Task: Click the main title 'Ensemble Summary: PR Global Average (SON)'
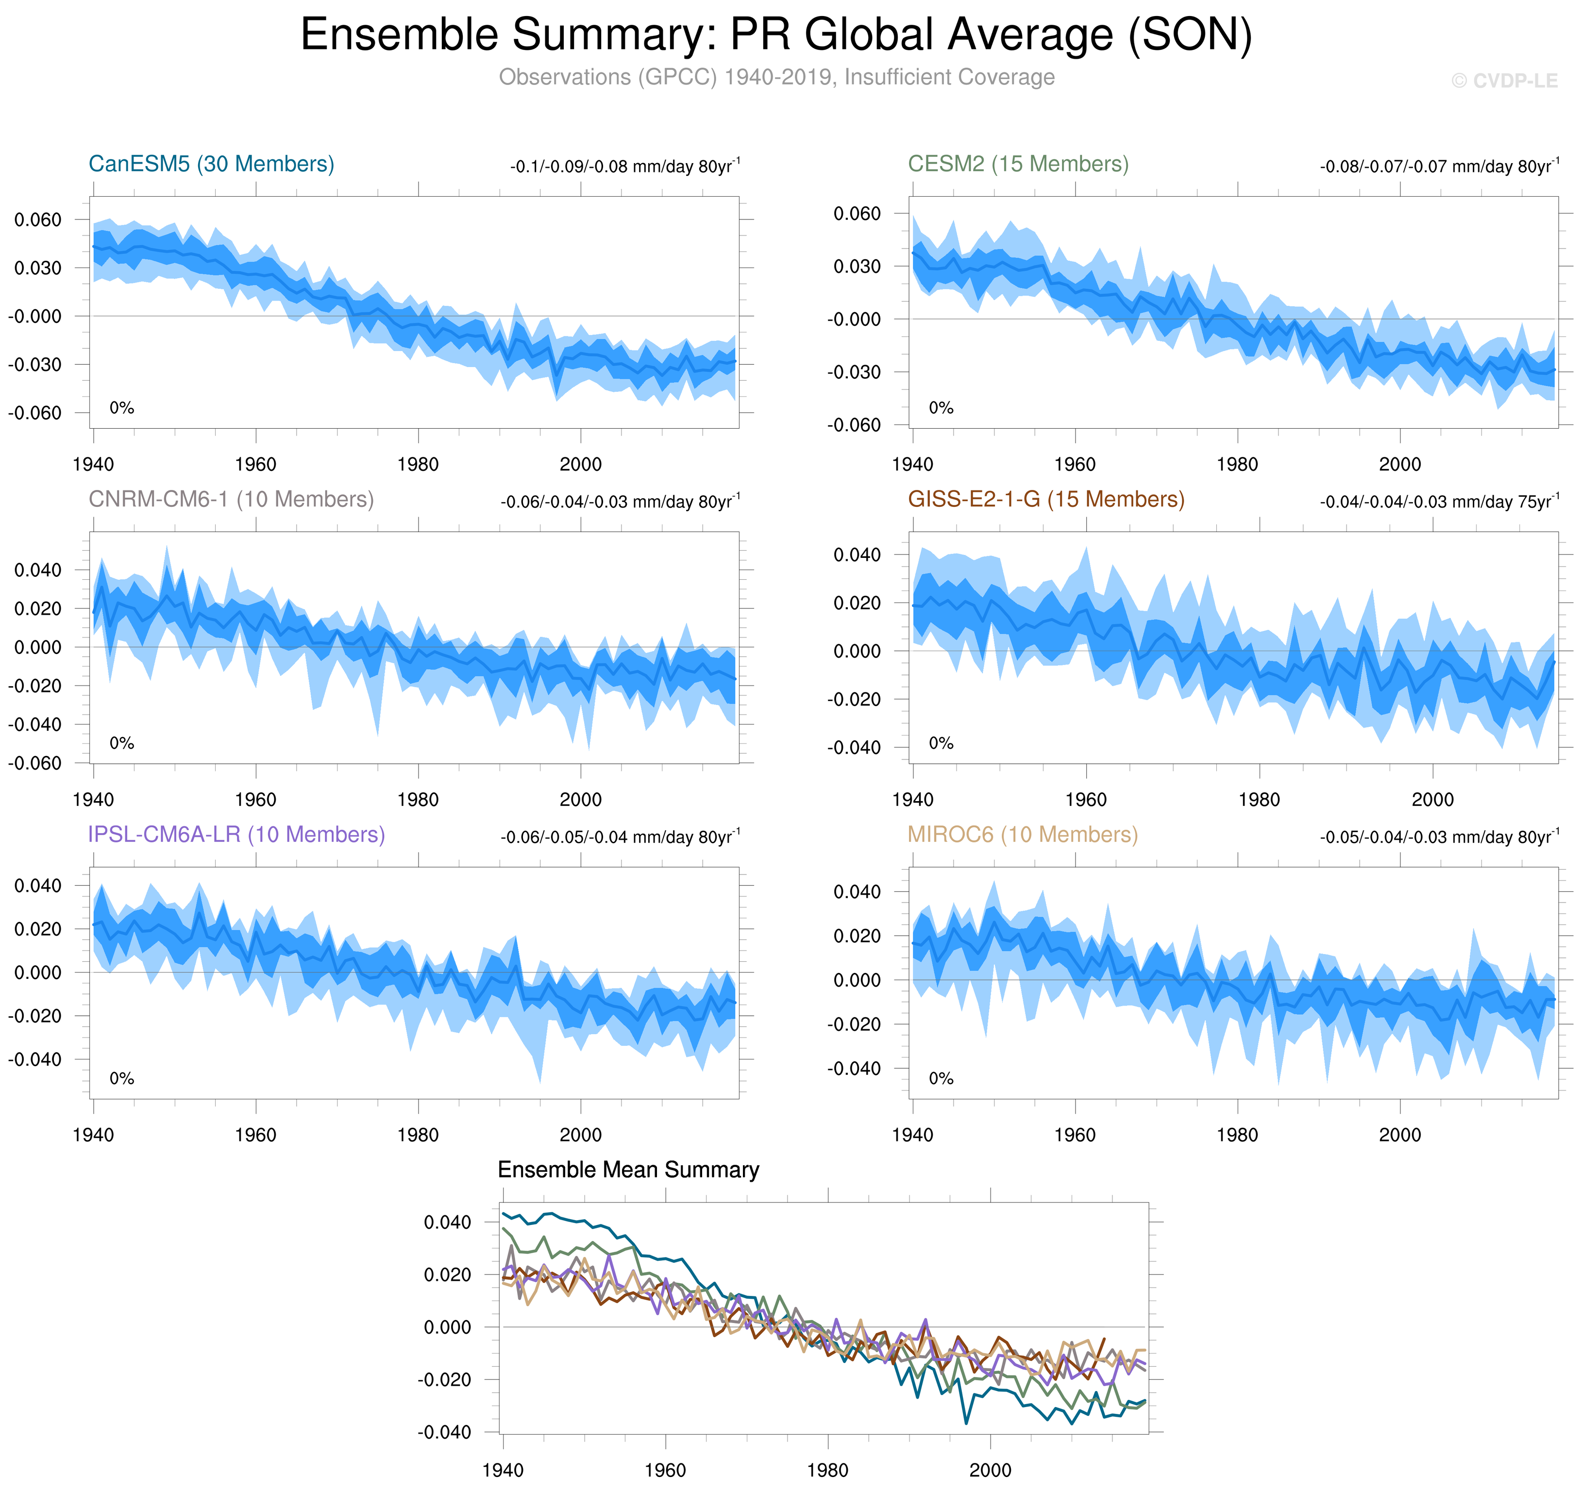tap(776, 35)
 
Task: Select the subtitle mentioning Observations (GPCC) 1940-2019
tap(776, 77)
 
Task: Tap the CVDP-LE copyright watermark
tap(1503, 81)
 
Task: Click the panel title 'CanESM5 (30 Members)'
tap(211, 164)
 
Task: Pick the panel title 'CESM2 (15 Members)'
tap(1018, 164)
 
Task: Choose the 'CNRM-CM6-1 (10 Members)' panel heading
tap(231, 499)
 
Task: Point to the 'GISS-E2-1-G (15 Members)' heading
tap(1045, 499)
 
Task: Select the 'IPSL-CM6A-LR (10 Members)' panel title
tap(236, 834)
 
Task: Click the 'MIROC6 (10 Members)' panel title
tap(1023, 834)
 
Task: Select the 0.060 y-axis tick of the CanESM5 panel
tap(37, 219)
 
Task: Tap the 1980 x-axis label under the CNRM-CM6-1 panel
tap(418, 800)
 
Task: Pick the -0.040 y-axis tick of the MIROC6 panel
tap(854, 1069)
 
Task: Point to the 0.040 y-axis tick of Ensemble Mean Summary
tap(447, 1223)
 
